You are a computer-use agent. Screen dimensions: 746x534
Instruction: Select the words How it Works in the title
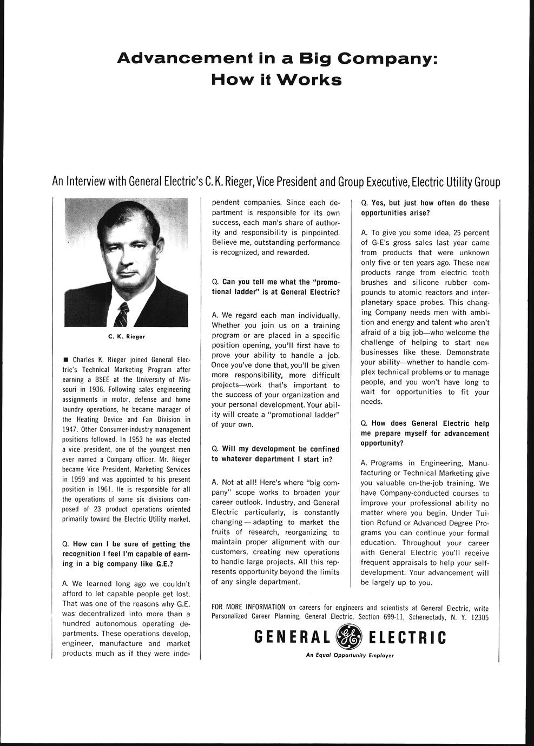click(x=276, y=80)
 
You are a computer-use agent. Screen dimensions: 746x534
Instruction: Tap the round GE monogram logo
click(x=349, y=637)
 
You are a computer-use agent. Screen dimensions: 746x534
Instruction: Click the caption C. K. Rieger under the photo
click(x=126, y=336)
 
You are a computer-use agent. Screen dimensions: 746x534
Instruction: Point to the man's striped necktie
click(x=122, y=314)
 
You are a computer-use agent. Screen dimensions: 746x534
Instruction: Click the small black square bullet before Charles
click(x=65, y=359)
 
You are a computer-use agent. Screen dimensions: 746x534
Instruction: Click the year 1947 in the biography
click(x=70, y=429)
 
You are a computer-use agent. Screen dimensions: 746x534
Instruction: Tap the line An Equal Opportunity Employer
click(x=350, y=656)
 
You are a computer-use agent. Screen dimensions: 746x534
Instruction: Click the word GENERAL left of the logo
click(x=292, y=638)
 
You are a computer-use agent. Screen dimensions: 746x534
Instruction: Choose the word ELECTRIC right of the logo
click(x=407, y=638)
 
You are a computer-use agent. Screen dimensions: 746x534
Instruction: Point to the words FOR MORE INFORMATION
click(x=248, y=607)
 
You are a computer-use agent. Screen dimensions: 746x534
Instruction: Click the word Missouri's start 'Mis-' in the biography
click(x=183, y=379)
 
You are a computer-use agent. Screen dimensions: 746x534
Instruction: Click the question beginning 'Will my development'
click(x=275, y=454)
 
